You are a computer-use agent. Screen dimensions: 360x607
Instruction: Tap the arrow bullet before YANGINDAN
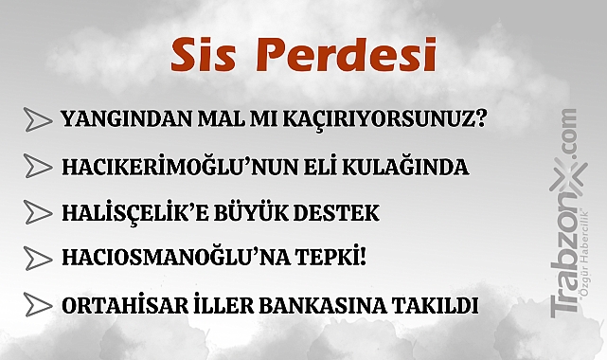coord(37,120)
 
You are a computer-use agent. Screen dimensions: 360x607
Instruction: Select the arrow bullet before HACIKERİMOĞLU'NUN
coord(37,167)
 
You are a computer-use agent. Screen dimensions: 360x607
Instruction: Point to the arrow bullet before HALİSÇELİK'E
coord(37,213)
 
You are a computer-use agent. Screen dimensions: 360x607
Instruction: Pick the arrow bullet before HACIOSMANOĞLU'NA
coord(37,259)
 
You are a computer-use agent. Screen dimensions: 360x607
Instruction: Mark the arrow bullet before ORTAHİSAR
coord(37,305)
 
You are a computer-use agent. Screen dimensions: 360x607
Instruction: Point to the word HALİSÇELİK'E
coord(138,213)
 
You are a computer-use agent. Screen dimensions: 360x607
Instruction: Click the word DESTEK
coord(341,213)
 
